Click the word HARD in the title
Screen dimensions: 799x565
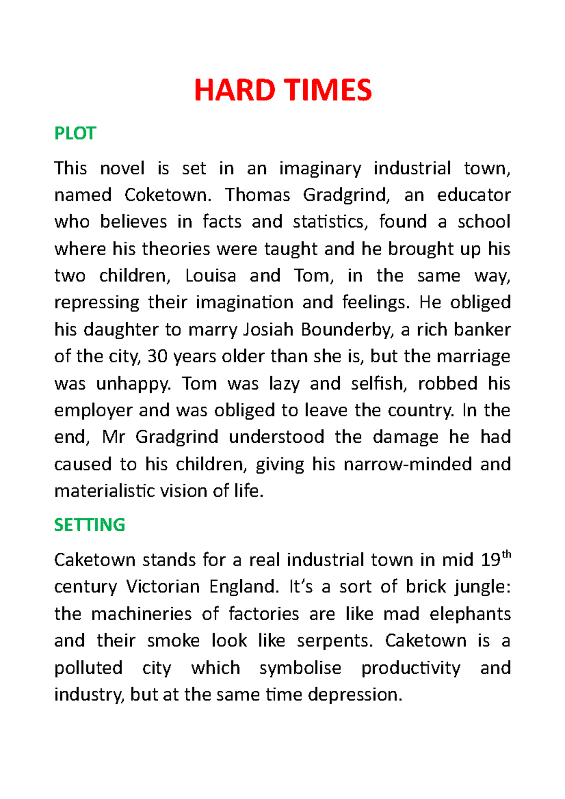tap(234, 90)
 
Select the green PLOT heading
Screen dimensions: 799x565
tap(75, 134)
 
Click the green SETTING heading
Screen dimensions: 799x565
tap(89, 525)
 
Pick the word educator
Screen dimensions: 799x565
tap(474, 195)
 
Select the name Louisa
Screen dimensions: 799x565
tap(210, 276)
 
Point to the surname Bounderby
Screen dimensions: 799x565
tap(347, 330)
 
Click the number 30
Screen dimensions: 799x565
tap(158, 357)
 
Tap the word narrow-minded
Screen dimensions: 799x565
tap(408, 464)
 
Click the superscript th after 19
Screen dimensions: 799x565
tap(506, 554)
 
